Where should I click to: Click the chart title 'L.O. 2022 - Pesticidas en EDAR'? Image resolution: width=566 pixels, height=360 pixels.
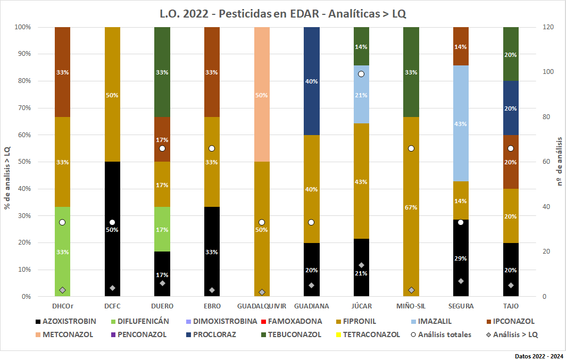coord(283,13)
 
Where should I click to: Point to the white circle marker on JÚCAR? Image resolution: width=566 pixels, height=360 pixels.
coord(361,74)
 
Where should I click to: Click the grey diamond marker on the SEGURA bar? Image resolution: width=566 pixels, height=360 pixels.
coord(461,281)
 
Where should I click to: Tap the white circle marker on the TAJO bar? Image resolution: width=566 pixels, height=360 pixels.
coord(511,148)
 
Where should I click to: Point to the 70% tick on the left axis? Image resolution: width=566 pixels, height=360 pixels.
coord(23,108)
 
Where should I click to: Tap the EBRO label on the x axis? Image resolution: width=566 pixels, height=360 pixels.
coord(212,306)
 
